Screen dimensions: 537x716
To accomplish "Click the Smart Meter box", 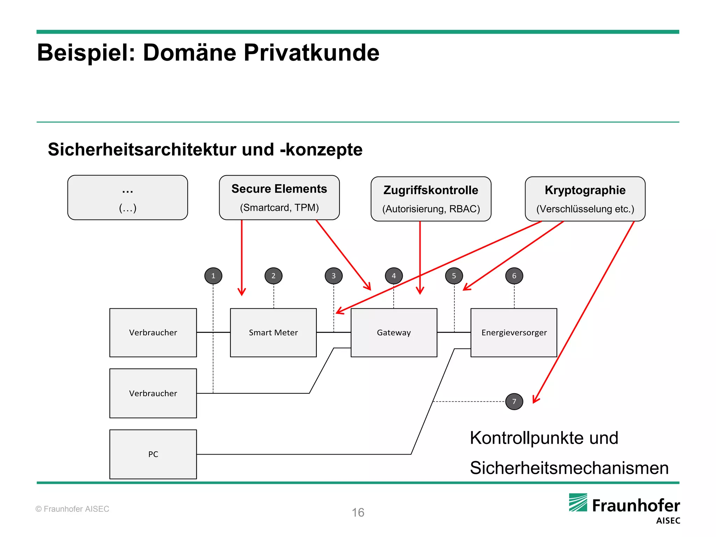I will tap(273, 332).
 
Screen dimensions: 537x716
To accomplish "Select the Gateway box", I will tap(394, 332).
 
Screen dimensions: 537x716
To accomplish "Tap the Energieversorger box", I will tap(514, 332).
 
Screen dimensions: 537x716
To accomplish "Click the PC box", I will tap(153, 454).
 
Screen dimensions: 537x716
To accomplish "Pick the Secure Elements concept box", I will tap(279, 198).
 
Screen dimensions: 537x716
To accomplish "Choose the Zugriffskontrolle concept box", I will tap(431, 199).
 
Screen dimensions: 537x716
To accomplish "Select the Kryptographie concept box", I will tap(585, 199).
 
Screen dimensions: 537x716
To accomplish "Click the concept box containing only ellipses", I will tap(128, 198).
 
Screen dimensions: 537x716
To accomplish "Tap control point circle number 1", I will tap(213, 276).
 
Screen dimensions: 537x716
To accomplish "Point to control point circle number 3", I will tap(334, 276).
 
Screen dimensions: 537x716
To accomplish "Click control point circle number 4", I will tap(394, 276).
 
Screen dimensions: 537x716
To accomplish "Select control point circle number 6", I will tap(514, 276).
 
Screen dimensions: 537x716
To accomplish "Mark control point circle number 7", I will tap(514, 401).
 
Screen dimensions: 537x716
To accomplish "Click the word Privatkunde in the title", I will tap(311, 53).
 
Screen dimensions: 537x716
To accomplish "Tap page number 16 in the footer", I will tap(358, 513).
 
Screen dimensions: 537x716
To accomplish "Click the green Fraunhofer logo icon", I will tap(578, 503).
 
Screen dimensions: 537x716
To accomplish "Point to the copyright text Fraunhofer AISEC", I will tap(72, 509).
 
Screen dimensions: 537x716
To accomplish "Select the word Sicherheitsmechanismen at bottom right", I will tap(569, 468).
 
